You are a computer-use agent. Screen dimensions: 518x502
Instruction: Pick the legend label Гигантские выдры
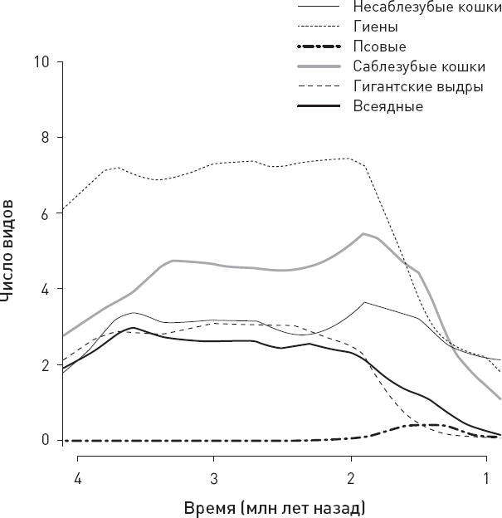click(418, 86)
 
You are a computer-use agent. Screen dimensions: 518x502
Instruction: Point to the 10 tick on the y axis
click(41, 61)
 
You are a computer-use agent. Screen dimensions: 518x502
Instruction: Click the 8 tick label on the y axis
click(45, 137)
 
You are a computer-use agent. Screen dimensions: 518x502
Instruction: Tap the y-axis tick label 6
click(45, 213)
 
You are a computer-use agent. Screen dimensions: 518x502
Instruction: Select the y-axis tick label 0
click(45, 440)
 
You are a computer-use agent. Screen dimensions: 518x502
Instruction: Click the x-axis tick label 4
click(77, 480)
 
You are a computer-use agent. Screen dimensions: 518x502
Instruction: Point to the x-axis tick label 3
click(213, 480)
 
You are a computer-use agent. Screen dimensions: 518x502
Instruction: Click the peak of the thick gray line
click(363, 233)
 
